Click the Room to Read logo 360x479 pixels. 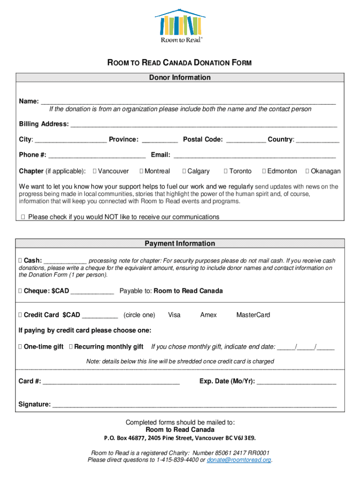180,26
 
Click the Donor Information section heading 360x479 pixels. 180,78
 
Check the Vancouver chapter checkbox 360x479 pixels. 95,171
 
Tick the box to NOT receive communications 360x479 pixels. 23,217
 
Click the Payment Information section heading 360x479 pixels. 180,244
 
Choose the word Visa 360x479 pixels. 174,315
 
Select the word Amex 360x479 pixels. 209,315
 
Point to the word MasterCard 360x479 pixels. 253,315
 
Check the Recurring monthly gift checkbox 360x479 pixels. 71,347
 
